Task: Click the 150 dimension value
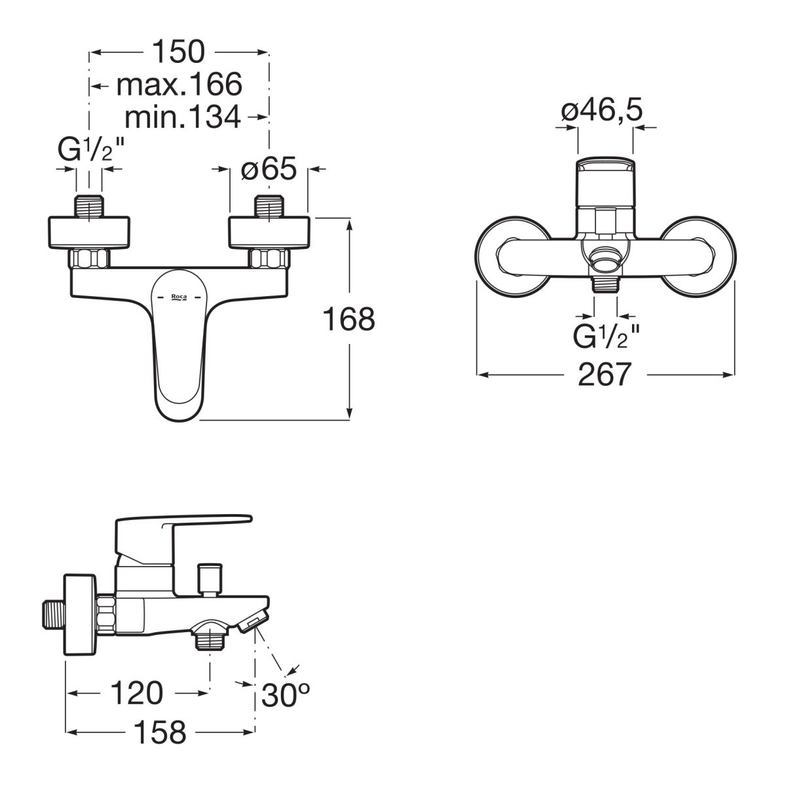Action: pyautogui.click(x=178, y=52)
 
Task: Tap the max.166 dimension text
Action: pyautogui.click(x=179, y=85)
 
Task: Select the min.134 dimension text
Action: pyautogui.click(x=183, y=117)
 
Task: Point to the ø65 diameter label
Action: pyautogui.click(x=269, y=168)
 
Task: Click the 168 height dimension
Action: pyautogui.click(x=348, y=319)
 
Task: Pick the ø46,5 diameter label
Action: pyautogui.click(x=602, y=110)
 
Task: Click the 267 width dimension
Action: pyautogui.click(x=605, y=375)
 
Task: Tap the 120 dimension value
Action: pyautogui.click(x=137, y=693)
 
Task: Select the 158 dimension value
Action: pyautogui.click(x=160, y=732)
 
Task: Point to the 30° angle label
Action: pyautogui.click(x=286, y=695)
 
